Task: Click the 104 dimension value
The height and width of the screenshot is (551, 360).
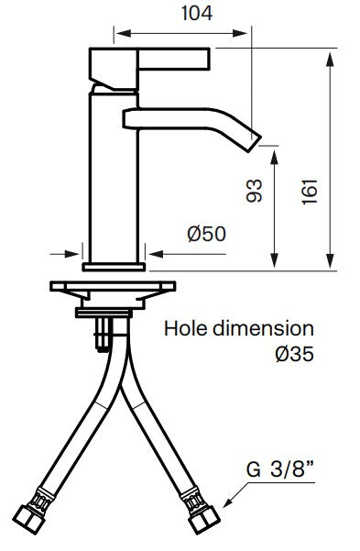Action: click(x=197, y=14)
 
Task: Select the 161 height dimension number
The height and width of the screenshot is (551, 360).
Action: click(x=310, y=192)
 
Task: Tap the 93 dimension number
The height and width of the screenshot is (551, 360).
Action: click(x=254, y=191)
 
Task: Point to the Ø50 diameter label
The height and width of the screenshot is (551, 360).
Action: click(x=206, y=234)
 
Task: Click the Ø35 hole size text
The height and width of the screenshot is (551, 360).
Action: click(x=294, y=354)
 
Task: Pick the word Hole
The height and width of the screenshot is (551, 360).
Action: click(x=186, y=329)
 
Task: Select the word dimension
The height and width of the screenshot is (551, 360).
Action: click(x=264, y=329)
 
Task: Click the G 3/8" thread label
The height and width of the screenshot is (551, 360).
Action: click(x=280, y=469)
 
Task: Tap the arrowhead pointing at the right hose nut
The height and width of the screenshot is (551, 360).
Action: click(x=228, y=502)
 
